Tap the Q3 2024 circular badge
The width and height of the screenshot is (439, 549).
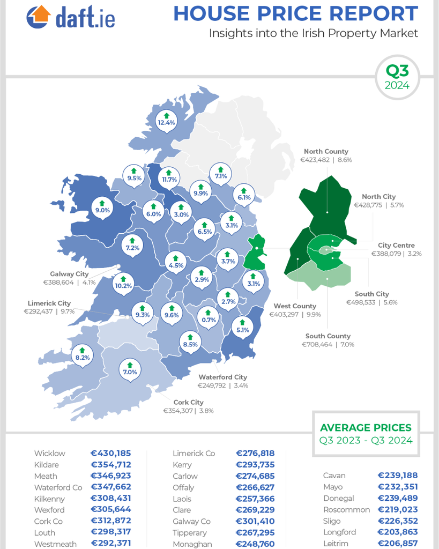[x=397, y=78]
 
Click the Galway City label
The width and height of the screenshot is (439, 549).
[x=69, y=273]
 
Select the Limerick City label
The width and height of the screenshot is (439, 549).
[x=49, y=303]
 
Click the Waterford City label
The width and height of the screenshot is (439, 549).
[x=222, y=377]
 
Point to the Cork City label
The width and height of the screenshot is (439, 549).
[x=188, y=402]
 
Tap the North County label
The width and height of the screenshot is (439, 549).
[x=326, y=152]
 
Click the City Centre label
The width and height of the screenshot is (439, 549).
[x=396, y=245]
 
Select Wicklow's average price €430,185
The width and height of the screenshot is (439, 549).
[x=111, y=453]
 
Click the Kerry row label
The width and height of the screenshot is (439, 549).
[x=182, y=464]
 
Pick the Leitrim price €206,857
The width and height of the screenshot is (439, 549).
[x=397, y=543]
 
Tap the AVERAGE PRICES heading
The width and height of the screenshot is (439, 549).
[x=366, y=428]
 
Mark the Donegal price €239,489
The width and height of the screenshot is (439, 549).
[x=397, y=498]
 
